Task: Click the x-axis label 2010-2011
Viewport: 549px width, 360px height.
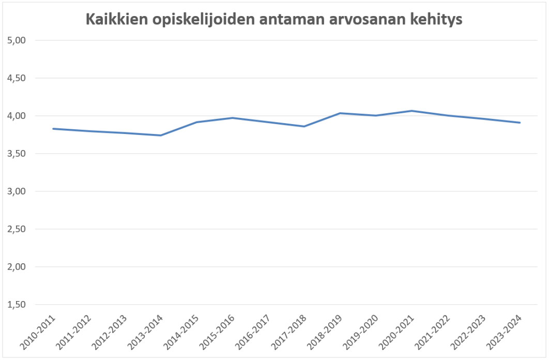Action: point(40,331)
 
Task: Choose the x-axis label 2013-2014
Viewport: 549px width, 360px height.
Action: point(148,331)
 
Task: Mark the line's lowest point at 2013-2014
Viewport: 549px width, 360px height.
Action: point(161,136)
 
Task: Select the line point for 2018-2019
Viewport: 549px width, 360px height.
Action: point(340,113)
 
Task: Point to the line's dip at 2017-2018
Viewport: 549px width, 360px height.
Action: point(304,126)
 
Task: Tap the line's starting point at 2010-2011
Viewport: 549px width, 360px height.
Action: point(54,128)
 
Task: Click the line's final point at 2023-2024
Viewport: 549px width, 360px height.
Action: point(520,123)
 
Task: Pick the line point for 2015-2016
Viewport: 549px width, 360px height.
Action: point(233,118)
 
